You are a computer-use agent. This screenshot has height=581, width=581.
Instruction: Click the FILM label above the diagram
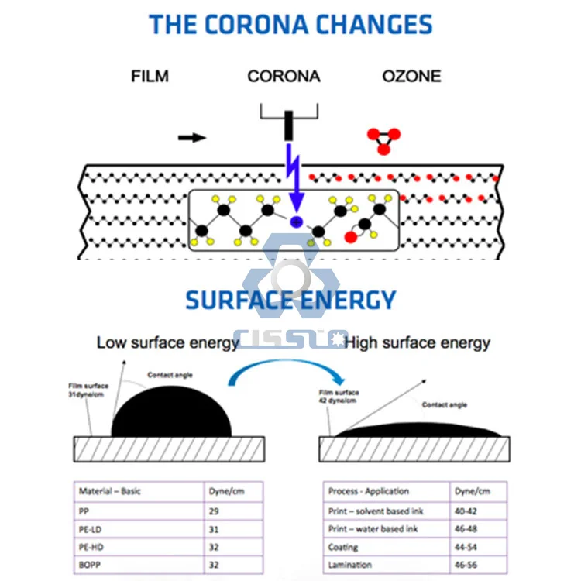click(150, 77)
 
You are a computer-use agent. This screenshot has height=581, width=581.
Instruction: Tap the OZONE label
click(411, 77)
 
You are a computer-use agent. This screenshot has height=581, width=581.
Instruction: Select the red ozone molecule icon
click(383, 139)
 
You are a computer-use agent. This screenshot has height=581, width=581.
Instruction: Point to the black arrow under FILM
click(192, 138)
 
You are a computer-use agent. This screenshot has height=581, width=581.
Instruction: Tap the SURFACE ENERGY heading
click(290, 300)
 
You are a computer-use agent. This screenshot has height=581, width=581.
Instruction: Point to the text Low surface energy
click(167, 342)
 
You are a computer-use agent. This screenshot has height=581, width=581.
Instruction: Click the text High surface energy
click(418, 342)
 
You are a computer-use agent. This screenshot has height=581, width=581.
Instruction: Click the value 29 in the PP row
click(215, 511)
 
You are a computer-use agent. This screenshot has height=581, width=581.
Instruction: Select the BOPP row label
click(91, 566)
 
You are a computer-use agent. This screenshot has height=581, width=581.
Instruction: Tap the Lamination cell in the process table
click(350, 566)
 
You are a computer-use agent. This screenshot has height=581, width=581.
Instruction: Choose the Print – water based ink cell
click(376, 529)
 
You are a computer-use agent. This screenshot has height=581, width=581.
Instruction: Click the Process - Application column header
click(369, 491)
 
